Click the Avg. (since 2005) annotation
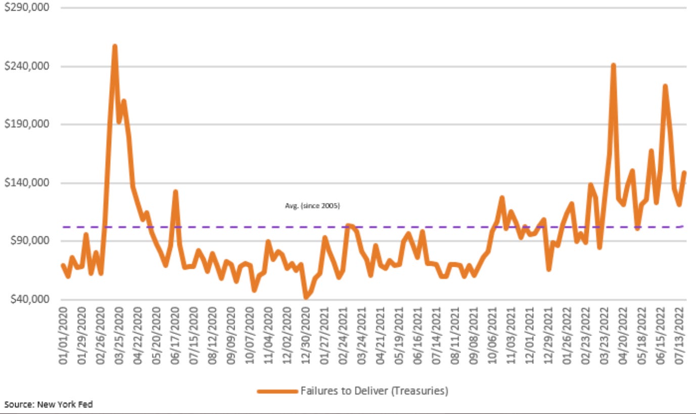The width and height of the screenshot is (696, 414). (312, 206)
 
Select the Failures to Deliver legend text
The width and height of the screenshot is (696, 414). (374, 391)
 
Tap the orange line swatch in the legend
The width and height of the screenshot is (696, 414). (277, 391)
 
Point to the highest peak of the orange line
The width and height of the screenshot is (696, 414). (115, 47)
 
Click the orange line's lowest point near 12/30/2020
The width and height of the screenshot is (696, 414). (306, 298)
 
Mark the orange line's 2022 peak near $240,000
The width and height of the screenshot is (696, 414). (613, 65)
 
